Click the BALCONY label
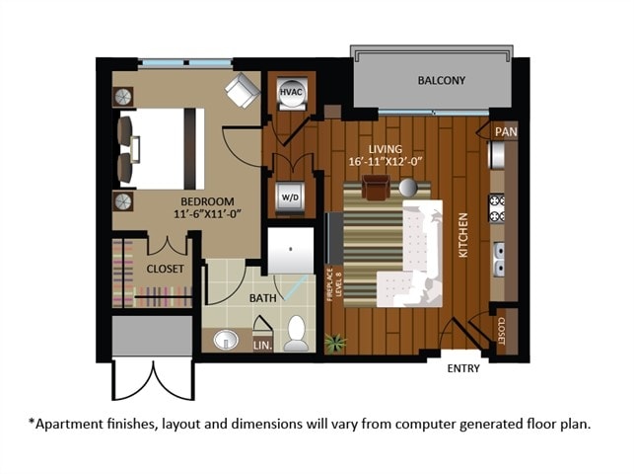point(441,80)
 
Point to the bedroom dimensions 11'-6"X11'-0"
point(207,213)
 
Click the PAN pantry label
point(505,130)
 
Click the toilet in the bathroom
point(296,334)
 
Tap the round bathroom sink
point(227,340)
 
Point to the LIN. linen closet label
point(262,346)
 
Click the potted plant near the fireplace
point(336,344)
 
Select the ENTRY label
point(463,369)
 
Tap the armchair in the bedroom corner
point(241,91)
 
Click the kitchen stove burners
point(498,207)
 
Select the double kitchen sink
point(500,258)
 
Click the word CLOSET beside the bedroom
point(166,268)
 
